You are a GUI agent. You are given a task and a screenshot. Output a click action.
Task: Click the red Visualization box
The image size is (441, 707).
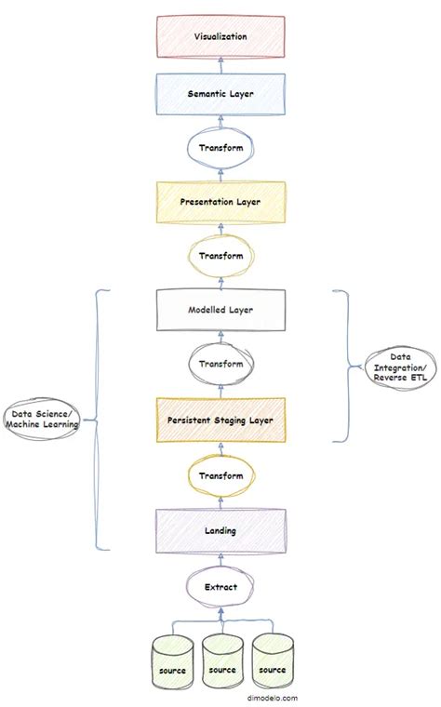(220, 36)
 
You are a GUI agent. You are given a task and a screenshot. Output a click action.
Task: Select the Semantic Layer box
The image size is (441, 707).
(220, 94)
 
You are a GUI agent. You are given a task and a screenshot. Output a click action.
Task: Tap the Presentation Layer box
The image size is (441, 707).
(220, 200)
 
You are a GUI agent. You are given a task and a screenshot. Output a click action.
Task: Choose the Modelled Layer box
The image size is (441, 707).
(220, 309)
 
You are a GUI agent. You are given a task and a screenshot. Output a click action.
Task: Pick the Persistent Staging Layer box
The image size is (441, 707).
(220, 420)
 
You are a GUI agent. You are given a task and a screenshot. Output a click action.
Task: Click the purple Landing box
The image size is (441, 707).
(220, 530)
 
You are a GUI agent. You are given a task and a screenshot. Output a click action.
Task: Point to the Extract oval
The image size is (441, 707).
(220, 587)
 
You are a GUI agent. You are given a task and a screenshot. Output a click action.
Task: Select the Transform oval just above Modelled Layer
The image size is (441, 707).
(220, 255)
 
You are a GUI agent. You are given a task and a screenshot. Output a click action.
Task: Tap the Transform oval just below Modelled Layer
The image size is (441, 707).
(220, 364)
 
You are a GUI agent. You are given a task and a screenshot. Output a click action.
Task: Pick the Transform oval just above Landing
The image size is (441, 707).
(220, 475)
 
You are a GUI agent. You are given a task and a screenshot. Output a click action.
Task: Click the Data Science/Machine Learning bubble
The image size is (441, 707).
(40, 420)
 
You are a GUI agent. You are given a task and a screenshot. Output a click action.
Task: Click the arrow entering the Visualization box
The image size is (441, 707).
(220, 63)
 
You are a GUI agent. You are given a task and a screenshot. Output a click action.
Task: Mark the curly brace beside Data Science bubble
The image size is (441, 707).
(98, 419)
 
